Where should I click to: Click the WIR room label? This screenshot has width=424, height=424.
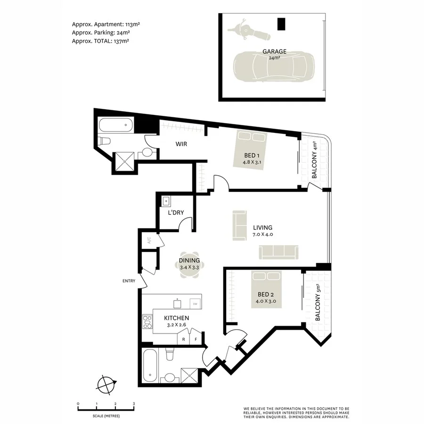pyautogui.click(x=181, y=144)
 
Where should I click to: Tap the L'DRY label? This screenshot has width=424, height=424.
pyautogui.click(x=176, y=213)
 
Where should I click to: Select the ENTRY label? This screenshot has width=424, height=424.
pyautogui.click(x=129, y=281)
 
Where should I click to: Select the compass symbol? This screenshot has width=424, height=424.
pyautogui.click(x=106, y=384)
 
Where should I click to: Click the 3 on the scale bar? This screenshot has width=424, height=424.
pyautogui.click(x=134, y=404)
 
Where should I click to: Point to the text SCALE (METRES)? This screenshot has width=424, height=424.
pyautogui.click(x=106, y=416)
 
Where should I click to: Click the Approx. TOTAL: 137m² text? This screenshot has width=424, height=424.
pyautogui.click(x=100, y=41)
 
